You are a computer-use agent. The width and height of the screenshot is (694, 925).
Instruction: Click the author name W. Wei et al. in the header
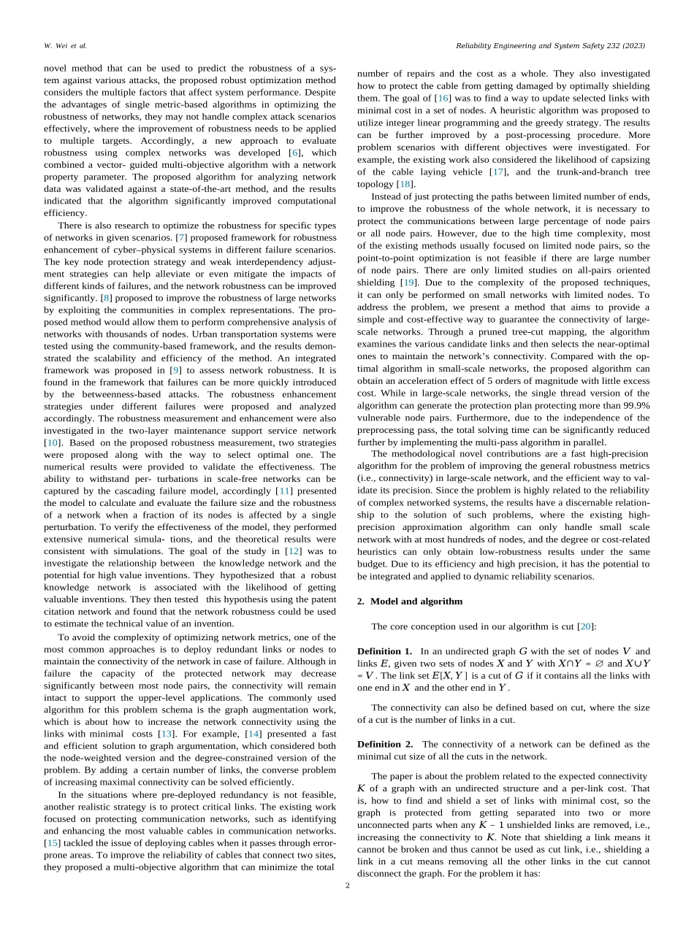point(65,45)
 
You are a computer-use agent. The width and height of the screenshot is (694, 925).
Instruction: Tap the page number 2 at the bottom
point(347,886)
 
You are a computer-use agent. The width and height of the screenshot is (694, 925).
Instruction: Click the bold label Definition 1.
point(384,650)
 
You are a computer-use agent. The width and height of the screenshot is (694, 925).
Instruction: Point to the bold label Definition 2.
point(384,744)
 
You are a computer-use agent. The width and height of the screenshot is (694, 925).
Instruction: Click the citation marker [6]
point(297,153)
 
